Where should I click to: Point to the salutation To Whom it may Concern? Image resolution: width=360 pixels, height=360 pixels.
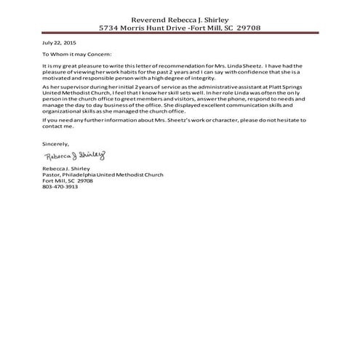pyautogui.click(x=78, y=54)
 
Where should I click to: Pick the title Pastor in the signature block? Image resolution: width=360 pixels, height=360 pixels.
pyautogui.click(x=52, y=175)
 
